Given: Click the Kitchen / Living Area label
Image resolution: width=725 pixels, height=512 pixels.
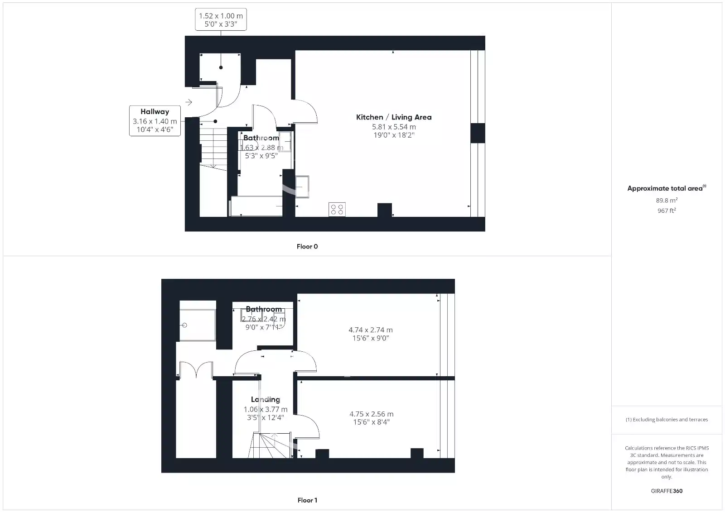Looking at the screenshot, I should [x=393, y=117].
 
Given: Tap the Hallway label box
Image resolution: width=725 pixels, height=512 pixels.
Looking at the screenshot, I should [x=155, y=121].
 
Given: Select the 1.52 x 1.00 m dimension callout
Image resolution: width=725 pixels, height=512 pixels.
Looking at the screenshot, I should [x=221, y=20].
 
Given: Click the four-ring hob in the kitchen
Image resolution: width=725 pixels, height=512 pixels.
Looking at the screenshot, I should [x=337, y=209].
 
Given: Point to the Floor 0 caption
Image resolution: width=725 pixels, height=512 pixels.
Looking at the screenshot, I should [x=307, y=247].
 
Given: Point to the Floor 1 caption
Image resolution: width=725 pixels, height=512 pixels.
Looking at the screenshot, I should [x=307, y=500].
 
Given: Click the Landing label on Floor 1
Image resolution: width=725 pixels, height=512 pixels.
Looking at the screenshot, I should [x=266, y=399].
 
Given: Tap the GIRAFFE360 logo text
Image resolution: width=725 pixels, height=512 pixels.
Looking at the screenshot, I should [x=667, y=491].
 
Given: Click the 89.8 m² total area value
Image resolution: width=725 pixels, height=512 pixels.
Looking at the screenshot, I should [x=667, y=201].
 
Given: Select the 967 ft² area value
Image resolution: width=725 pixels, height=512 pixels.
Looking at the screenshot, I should [x=667, y=211].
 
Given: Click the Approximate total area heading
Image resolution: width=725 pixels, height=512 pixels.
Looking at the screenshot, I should [x=666, y=188].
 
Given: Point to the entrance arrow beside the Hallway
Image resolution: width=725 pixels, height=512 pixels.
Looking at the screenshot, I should [x=189, y=102].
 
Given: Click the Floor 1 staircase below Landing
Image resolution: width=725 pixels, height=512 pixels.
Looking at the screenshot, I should [x=271, y=445].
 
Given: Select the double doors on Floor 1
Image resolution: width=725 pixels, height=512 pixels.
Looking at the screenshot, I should [x=196, y=370].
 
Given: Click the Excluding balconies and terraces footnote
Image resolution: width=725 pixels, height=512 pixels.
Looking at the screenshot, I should [x=667, y=420].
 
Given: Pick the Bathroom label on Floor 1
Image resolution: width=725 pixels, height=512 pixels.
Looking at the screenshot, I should [x=264, y=309].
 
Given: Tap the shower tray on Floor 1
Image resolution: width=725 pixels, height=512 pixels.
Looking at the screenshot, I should [x=198, y=325].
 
